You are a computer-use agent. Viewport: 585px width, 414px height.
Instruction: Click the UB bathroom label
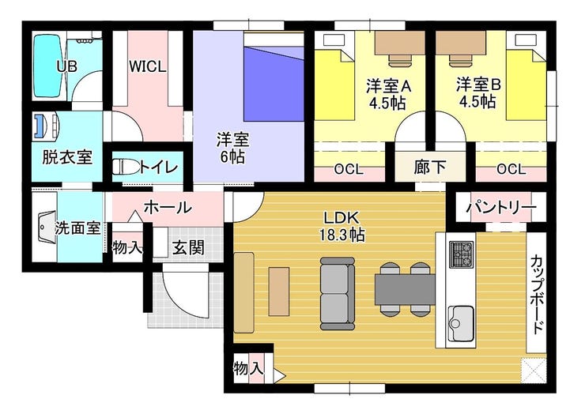[67, 66]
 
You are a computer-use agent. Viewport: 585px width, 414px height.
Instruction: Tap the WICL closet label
[148, 66]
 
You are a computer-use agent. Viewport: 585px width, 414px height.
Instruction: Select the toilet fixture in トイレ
[126, 167]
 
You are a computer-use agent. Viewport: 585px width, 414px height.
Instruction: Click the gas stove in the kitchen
[462, 254]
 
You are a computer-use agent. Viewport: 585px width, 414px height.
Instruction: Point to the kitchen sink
[461, 323]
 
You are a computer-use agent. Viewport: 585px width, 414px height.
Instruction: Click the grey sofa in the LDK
[338, 294]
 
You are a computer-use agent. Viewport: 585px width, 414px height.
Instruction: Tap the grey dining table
[405, 289]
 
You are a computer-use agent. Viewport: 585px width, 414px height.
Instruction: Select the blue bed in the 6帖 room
[274, 77]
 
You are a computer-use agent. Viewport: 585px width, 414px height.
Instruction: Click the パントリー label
[501, 207]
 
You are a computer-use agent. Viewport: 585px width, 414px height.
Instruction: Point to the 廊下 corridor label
[430, 167]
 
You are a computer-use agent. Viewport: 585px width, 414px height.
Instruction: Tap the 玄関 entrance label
[188, 247]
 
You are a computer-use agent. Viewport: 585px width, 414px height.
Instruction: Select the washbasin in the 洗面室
[47, 228]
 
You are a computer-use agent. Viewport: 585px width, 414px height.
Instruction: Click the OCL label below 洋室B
[511, 169]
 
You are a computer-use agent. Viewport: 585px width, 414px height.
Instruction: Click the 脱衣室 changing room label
[67, 157]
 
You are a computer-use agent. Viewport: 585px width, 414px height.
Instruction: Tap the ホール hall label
[168, 207]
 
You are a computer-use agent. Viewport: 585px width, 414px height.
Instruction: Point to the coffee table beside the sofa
[279, 292]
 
